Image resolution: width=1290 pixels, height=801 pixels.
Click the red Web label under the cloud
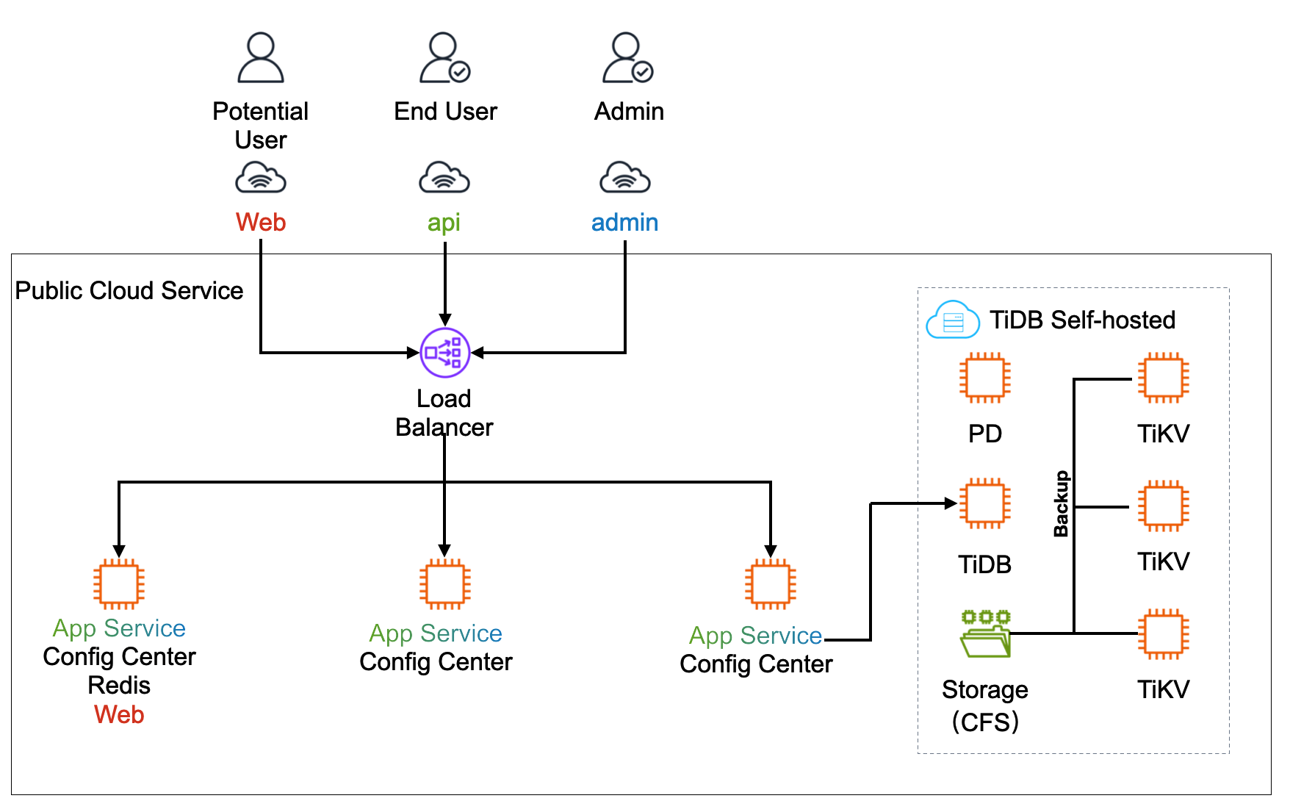[261, 222]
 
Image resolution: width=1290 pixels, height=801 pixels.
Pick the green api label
[444, 222]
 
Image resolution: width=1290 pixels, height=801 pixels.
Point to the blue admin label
[624, 222]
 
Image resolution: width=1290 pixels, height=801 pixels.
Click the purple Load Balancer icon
[444, 353]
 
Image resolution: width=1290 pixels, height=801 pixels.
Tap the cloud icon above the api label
[444, 178]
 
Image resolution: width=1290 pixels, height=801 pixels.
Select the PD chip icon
[984, 378]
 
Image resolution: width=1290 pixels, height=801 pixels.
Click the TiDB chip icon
[984, 504]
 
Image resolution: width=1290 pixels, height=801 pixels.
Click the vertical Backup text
[1061, 504]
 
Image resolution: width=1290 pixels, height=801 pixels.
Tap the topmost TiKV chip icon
[1163, 378]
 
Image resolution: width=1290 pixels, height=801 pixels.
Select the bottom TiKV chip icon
[1163, 633]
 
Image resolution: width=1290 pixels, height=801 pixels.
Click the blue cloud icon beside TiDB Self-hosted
[953, 320]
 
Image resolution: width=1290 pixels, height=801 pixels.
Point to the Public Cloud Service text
[129, 291]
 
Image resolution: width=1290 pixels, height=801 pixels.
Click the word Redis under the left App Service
[119, 685]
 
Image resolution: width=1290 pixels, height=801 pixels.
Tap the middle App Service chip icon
[444, 584]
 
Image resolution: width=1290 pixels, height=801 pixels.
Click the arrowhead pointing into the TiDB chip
[951, 503]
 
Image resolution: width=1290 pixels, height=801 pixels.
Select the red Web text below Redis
[119, 714]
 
